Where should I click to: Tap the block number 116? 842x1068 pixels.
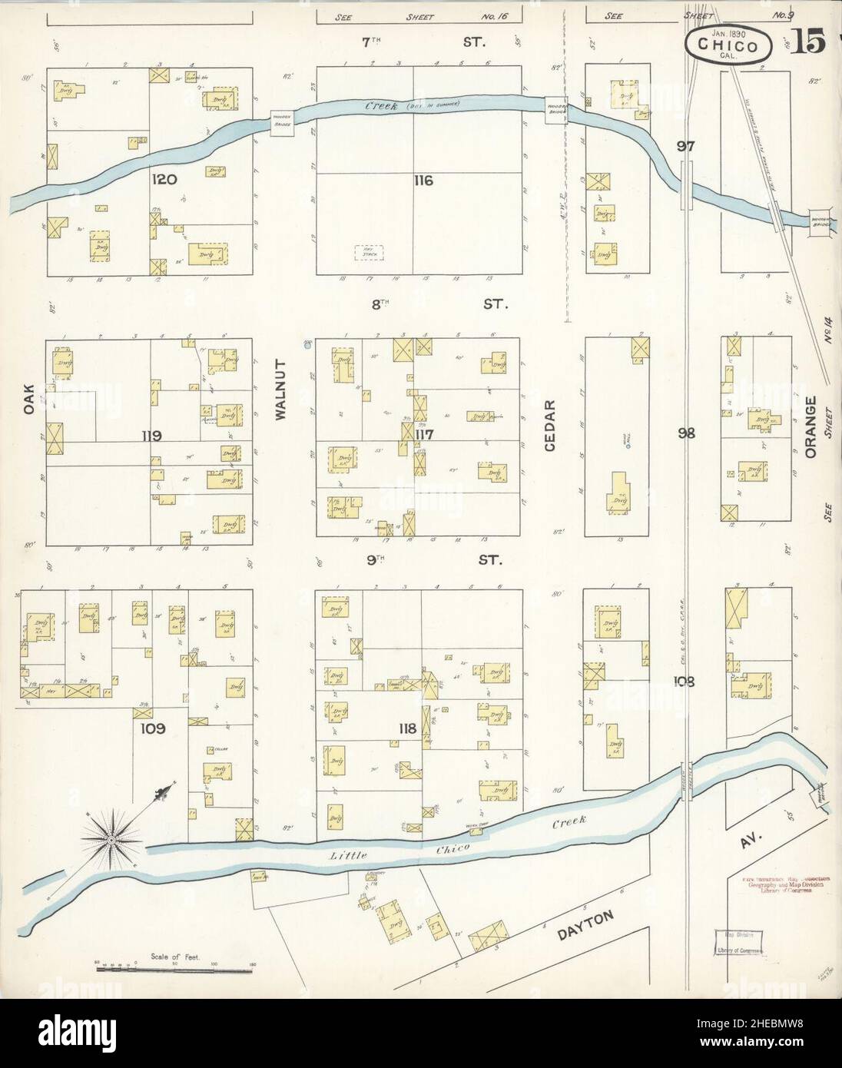(x=423, y=181)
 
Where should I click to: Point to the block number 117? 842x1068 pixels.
(x=425, y=435)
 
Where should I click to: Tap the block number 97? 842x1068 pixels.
(x=686, y=146)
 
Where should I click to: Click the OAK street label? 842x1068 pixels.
(x=30, y=400)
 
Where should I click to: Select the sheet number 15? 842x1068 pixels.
(x=811, y=44)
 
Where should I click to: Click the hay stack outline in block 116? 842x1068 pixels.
(x=368, y=252)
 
